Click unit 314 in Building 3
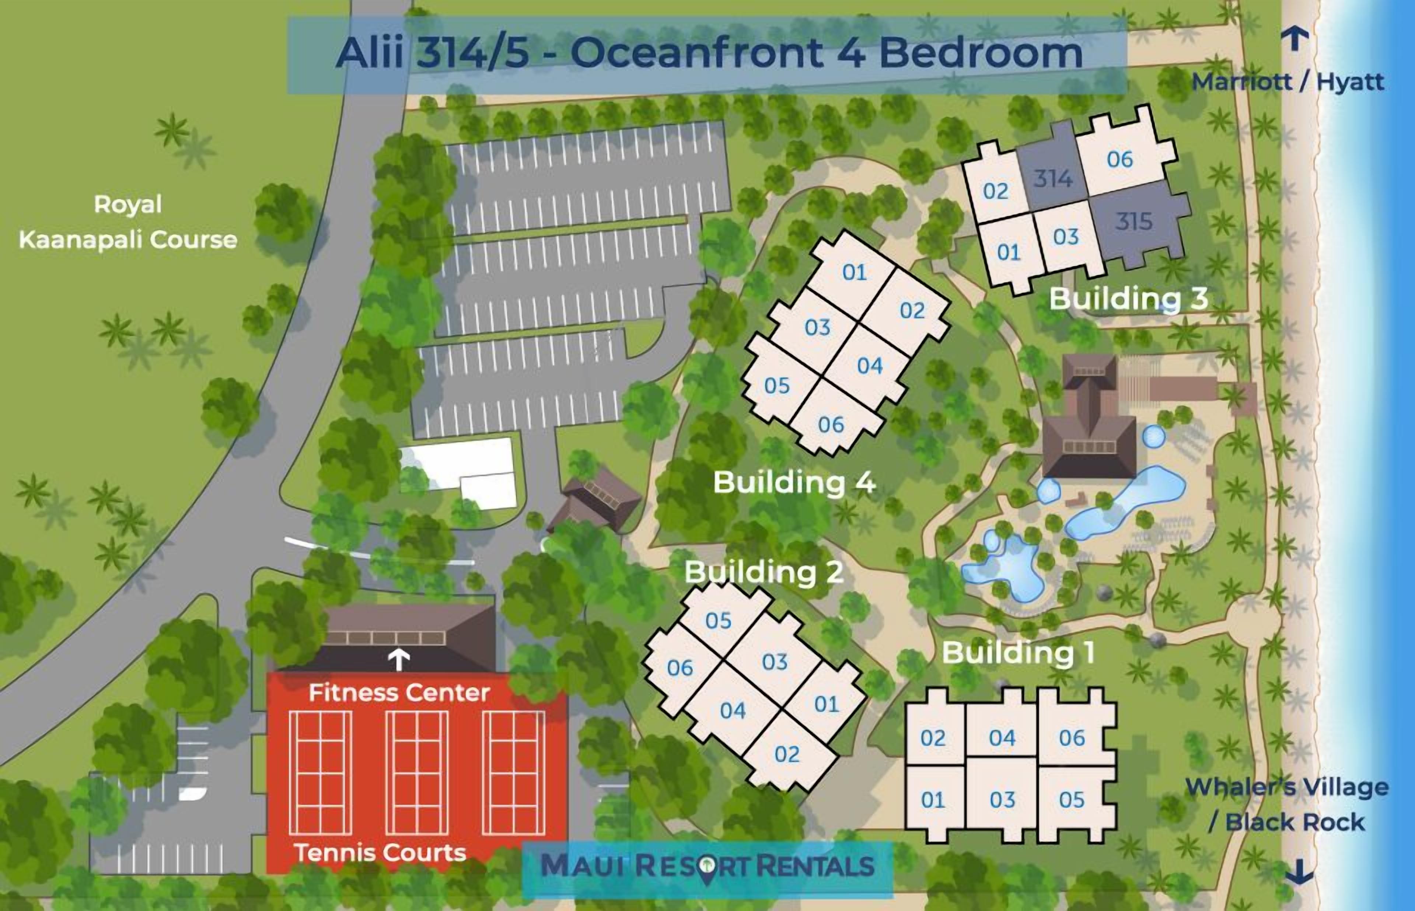click(x=1052, y=178)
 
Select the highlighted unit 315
click(x=1133, y=221)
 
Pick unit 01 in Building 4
click(x=855, y=272)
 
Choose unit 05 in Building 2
click(x=719, y=621)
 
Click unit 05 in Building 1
click(x=1072, y=800)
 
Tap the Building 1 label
click(x=1018, y=653)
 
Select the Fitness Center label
click(x=399, y=693)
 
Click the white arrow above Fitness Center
click(x=399, y=660)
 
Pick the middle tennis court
click(x=417, y=772)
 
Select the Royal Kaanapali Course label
click(x=128, y=222)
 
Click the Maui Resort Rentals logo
click(x=707, y=866)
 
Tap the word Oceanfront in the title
click(x=696, y=53)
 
